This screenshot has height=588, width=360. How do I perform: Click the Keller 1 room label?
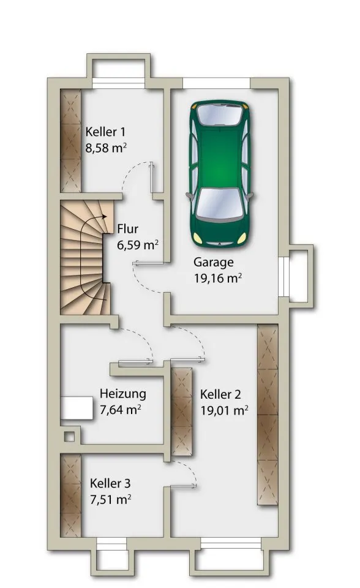coord(105,132)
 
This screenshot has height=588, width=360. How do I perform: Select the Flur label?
coord(127,230)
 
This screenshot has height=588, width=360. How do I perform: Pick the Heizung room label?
coord(122,394)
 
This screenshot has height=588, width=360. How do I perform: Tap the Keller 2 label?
coord(220,394)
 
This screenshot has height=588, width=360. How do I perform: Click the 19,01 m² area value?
coord(224,410)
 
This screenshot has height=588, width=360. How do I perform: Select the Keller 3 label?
coord(110,483)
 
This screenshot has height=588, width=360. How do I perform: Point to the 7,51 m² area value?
coord(110,499)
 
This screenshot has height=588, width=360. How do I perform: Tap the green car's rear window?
coord(220,114)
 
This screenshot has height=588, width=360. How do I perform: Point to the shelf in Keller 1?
coord(70,141)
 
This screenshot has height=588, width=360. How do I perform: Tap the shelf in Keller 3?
coord(70,495)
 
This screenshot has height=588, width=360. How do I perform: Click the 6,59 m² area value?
coord(138,246)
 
